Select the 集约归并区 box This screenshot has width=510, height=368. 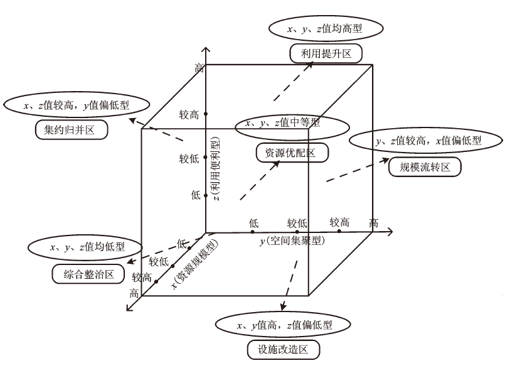[70, 130]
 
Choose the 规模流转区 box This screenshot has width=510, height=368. [425, 166]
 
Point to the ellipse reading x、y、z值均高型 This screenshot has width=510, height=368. [325, 28]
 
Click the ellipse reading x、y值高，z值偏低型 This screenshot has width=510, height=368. [282, 325]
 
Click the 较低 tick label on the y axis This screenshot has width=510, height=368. [297, 223]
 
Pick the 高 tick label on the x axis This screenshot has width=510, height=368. [134, 293]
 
